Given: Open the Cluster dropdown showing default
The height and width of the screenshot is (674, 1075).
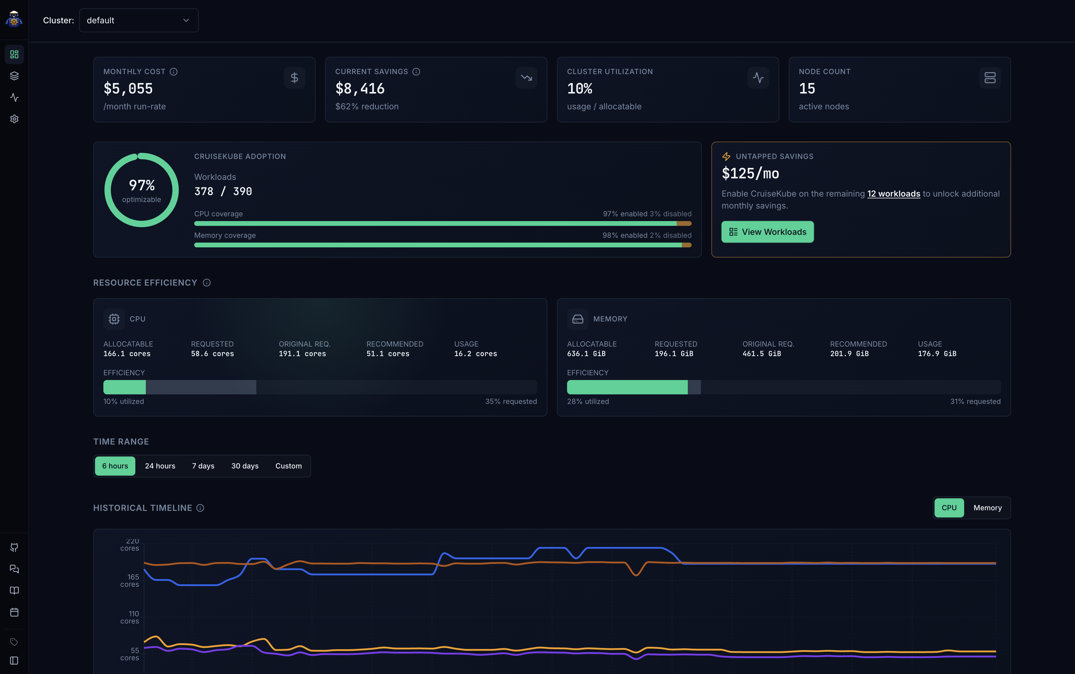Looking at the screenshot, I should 139,21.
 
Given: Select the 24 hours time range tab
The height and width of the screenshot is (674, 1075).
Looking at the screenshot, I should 160,466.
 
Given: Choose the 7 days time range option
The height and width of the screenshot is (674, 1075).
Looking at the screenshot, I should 203,466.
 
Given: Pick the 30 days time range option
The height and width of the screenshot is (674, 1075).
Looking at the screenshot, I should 245,466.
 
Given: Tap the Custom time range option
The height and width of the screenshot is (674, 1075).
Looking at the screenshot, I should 288,466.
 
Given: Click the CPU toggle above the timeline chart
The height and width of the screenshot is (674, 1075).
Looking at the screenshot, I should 949,508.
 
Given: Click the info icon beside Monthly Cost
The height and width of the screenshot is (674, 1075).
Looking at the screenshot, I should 174,72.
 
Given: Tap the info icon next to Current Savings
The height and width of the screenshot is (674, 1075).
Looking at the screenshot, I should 416,72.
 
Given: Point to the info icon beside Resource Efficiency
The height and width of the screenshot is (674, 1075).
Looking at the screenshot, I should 207,283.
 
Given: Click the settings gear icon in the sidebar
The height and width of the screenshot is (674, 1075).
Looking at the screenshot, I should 14,119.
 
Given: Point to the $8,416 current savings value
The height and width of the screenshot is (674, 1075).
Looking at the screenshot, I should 360,89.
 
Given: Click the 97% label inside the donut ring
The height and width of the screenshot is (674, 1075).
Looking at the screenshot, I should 142,185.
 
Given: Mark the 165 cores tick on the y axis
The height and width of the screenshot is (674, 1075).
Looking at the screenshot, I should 130,580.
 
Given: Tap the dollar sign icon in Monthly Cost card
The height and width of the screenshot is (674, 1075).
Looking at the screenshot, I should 294,78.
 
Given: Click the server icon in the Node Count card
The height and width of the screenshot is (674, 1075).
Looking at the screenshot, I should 990,78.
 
